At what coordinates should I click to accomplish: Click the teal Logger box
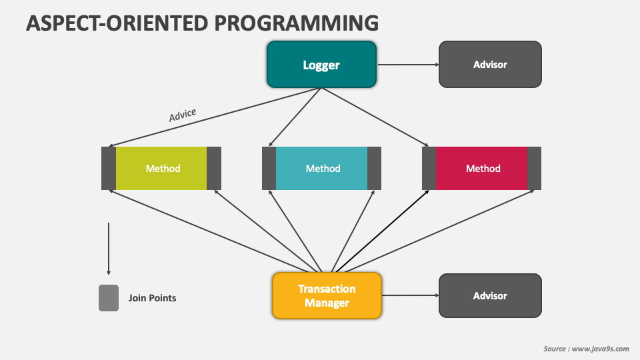point(321,65)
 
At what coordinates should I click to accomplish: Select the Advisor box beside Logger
point(490,65)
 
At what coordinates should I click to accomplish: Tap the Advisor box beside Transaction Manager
point(490,295)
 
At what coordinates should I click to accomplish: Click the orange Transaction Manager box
point(327,295)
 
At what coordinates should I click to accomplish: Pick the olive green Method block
point(161,168)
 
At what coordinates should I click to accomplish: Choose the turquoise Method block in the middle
point(321,168)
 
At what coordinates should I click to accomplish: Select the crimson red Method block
point(481,168)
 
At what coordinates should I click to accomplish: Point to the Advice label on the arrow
point(183,115)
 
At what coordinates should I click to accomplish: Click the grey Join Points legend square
point(109,298)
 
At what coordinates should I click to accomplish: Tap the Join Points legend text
point(152,298)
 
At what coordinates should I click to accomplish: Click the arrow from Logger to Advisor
point(408,65)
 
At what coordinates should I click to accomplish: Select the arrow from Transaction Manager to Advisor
point(410,295)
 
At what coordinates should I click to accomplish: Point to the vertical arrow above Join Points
point(109,249)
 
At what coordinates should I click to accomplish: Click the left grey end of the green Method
point(109,168)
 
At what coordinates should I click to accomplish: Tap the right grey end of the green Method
point(214,168)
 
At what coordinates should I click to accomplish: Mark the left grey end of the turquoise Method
point(269,168)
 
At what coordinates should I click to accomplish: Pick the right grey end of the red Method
point(534,168)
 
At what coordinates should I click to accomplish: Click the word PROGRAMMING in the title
point(296,23)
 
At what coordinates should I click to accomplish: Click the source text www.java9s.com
point(601,349)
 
